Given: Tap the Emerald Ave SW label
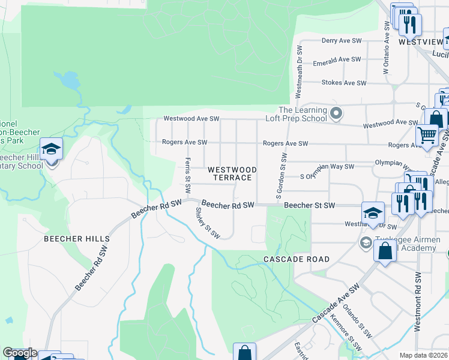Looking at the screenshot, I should click(337, 59).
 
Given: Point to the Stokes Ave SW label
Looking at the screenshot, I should click(340, 82).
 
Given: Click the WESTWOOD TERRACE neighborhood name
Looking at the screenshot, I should click(232, 174).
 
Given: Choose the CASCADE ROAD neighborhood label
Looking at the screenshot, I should click(297, 259).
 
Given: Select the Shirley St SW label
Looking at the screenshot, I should click(208, 223).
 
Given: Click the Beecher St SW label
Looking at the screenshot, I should click(309, 205).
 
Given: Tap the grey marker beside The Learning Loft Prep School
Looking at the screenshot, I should click(337, 113).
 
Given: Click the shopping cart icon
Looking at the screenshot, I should click(426, 135).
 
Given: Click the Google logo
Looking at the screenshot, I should click(19, 353).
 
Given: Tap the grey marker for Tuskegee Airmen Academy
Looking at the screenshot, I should click(364, 242).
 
